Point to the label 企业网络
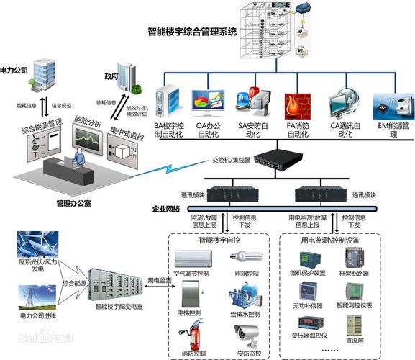coord(166,209)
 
